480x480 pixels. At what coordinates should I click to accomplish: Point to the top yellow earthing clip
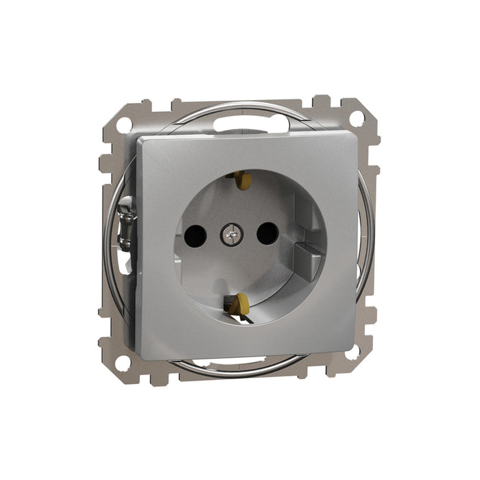click(241, 180)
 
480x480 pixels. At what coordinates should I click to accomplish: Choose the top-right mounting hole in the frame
click(356, 117)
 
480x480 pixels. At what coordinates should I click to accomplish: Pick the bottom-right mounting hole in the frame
click(352, 352)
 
